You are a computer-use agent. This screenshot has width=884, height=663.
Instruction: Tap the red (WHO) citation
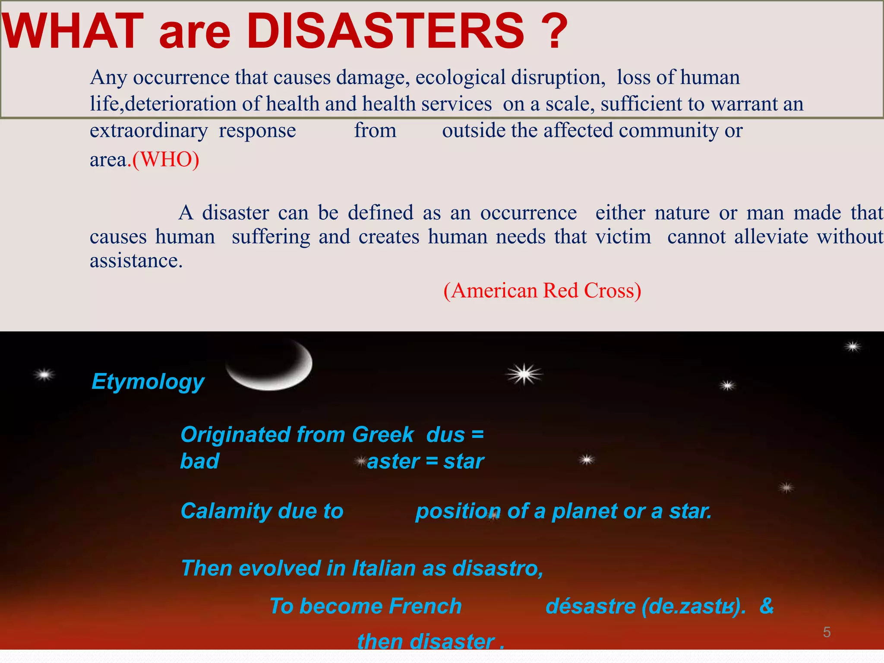[x=166, y=160]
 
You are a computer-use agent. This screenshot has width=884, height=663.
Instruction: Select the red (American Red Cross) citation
[x=542, y=290]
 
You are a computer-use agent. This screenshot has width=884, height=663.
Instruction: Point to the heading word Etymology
[x=148, y=382]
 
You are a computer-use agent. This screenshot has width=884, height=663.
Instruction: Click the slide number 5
[x=827, y=632]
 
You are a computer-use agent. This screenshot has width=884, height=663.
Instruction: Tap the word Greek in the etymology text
[x=383, y=434]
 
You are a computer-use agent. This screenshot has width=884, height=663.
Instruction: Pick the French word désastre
[x=590, y=606]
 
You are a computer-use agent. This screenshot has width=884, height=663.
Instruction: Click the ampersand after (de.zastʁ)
[x=767, y=606]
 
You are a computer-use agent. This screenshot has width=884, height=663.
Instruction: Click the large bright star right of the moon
[x=524, y=374]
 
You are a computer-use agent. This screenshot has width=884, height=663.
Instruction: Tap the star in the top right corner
[x=852, y=347]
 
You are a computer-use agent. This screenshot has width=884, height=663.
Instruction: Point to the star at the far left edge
[x=44, y=375]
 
